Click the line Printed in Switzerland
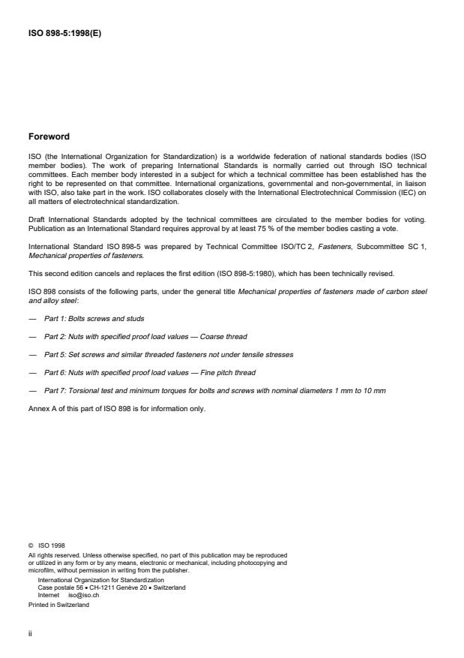[58, 604]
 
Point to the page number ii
[30, 632]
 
